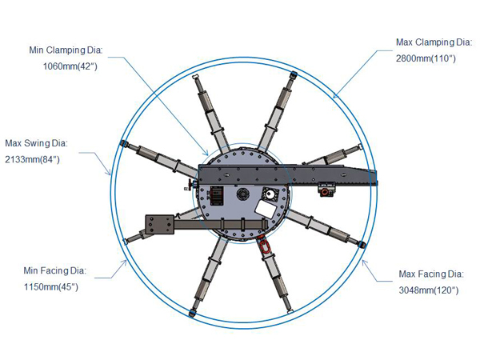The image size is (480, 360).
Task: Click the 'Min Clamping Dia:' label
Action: (x=66, y=50)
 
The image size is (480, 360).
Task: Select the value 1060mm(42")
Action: (x=70, y=66)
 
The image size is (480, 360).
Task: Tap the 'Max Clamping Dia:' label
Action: (x=434, y=42)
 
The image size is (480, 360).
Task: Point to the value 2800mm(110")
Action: (x=426, y=58)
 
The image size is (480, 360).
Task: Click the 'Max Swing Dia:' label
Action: (x=37, y=143)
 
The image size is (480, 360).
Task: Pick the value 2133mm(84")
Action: (x=32, y=159)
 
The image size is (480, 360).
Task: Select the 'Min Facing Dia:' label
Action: (x=54, y=270)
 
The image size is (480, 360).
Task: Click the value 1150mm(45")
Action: (x=51, y=287)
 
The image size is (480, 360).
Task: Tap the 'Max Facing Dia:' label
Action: (x=431, y=274)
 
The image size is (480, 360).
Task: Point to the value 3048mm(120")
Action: (x=429, y=290)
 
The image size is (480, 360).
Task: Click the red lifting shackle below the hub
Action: (x=264, y=244)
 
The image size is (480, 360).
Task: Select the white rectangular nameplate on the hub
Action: (x=266, y=209)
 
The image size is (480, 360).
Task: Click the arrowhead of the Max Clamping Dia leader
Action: (x=334, y=97)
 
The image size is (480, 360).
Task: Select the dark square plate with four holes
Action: (x=159, y=225)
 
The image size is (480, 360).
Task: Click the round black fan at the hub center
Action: (x=242, y=194)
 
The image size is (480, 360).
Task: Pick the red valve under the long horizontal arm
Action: (x=325, y=192)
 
